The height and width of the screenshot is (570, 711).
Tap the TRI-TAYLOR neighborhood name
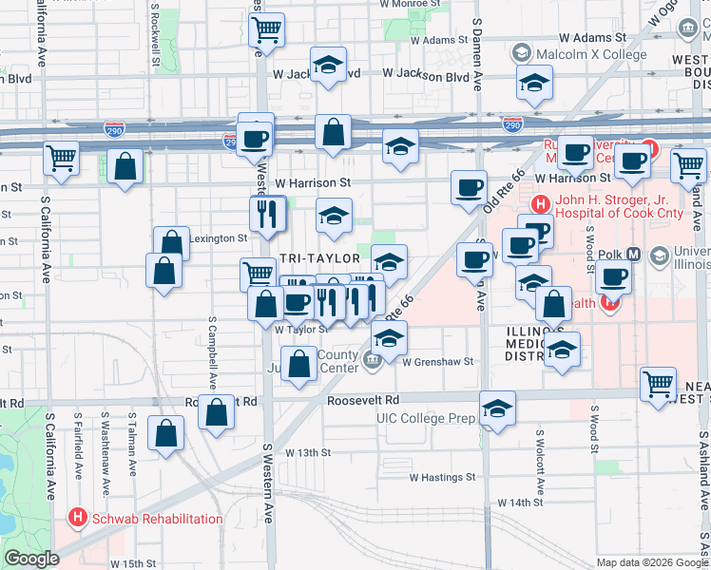[x=320, y=258]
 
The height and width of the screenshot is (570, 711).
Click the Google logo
[x=31, y=559]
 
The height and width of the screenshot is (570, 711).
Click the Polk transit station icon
[x=659, y=255]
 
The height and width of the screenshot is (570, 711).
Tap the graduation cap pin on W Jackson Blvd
[x=328, y=66]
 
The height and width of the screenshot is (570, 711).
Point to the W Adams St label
[x=431, y=40]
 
